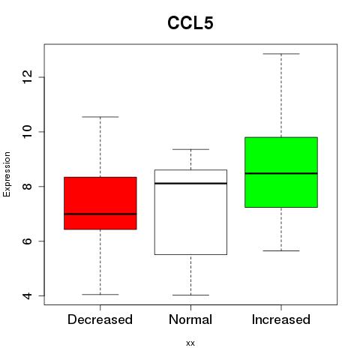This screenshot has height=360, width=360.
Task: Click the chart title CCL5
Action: pos(190,23)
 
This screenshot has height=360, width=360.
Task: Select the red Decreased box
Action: pos(100,203)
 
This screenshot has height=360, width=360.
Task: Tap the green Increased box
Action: pos(281,172)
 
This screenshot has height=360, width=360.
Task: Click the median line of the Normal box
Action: pos(190,184)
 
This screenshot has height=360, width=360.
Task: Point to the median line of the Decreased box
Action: pos(100,214)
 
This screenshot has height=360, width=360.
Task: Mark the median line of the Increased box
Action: pos(281,173)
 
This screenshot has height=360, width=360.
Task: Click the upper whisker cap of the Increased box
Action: pos(281,54)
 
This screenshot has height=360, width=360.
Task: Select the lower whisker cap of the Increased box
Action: pos(281,250)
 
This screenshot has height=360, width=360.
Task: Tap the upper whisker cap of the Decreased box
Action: pos(100,117)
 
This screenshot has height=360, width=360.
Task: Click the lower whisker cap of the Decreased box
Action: pos(100,295)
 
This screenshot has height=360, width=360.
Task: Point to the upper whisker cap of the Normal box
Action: pos(190,149)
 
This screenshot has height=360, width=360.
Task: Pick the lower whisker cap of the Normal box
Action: pos(190,295)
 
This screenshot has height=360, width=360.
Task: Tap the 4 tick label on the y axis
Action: pos(27,295)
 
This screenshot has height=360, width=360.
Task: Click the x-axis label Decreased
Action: pos(100,319)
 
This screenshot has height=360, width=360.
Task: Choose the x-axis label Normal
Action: pos(190,319)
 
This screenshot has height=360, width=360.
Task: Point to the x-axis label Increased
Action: pos(281,319)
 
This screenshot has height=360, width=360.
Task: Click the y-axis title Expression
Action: pos(7,174)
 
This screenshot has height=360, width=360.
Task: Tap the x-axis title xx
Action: pos(190,343)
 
